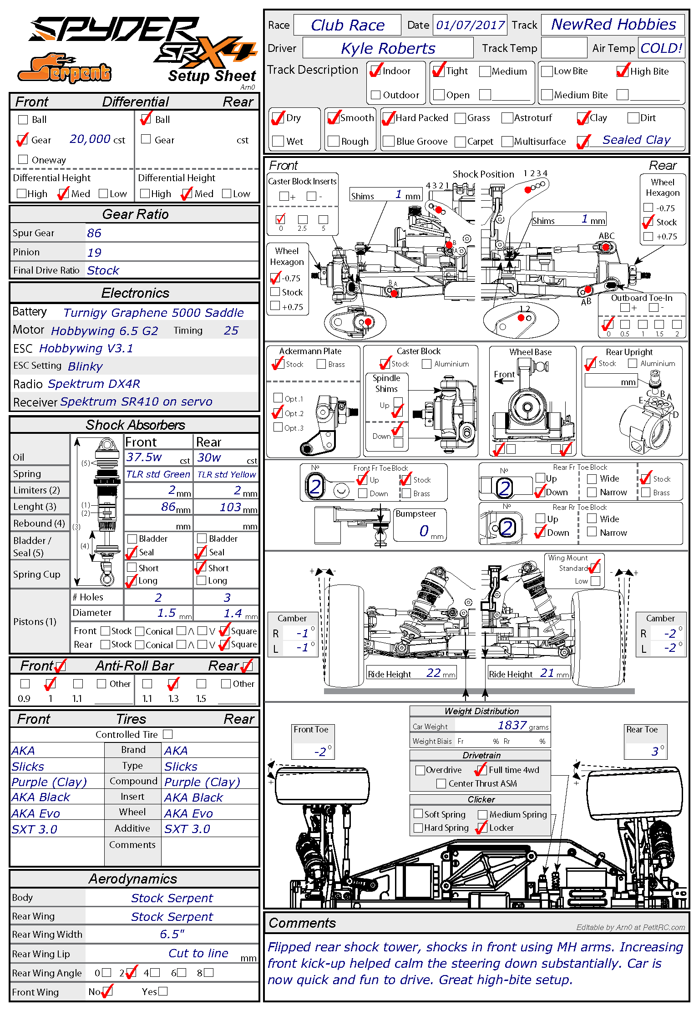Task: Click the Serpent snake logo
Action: (64, 69)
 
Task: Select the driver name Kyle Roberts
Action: (388, 48)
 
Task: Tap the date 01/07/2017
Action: (470, 25)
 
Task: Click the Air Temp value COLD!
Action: (661, 48)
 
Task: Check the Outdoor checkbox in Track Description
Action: (376, 95)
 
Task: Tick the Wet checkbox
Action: (278, 141)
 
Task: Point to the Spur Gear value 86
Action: (94, 233)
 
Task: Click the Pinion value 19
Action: (94, 252)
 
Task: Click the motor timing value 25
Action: (231, 330)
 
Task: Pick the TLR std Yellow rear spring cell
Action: (226, 474)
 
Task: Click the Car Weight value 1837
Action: (512, 725)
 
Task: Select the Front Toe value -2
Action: (320, 752)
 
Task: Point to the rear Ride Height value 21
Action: (547, 673)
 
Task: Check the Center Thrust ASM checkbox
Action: (441, 783)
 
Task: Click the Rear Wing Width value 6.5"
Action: (172, 934)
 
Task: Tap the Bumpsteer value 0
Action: (424, 531)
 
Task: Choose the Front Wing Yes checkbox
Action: (163, 991)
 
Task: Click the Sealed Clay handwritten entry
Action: (636, 140)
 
